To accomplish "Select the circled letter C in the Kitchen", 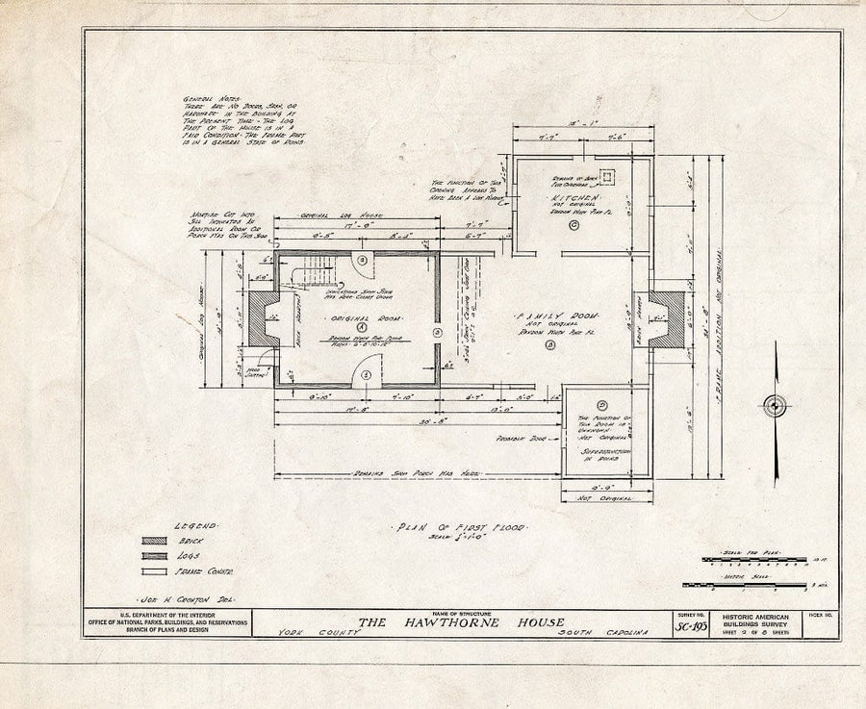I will point(573,225).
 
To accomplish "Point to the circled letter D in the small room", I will point(602,405).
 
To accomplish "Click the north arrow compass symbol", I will point(775,406).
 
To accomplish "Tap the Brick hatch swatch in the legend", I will point(154,542).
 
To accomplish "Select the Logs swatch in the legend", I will point(154,557).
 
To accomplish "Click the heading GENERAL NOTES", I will point(205,100).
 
